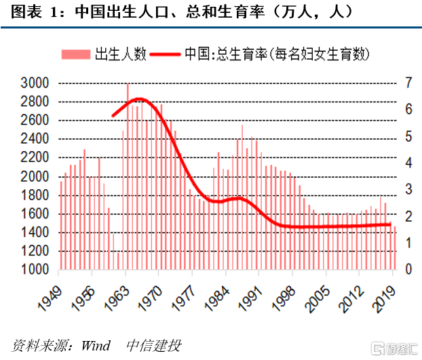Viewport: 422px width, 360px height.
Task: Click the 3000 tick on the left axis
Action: coord(36,83)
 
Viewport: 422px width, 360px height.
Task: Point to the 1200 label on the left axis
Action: coord(36,251)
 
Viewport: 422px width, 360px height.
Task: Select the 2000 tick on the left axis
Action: coord(36,176)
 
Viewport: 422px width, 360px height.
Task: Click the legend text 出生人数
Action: coord(120,54)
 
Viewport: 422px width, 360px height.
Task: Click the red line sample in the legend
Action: coord(166,54)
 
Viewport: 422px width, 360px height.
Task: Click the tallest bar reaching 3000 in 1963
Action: coord(128,176)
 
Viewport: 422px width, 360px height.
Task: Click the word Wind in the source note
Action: coord(96,346)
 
